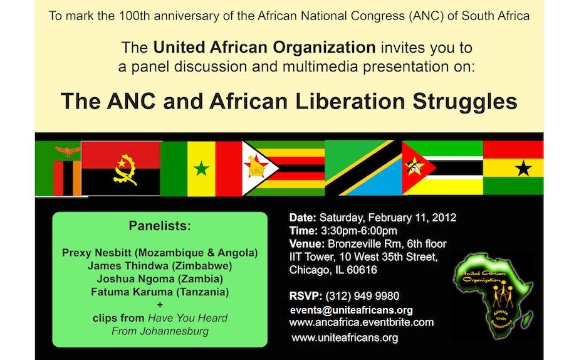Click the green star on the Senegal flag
(x=201, y=168)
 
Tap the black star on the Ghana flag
(x=523, y=167)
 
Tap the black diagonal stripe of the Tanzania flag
(x=363, y=167)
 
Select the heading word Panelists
(x=159, y=225)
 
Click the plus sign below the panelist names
(x=159, y=305)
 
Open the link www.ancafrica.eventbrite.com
(x=362, y=322)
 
